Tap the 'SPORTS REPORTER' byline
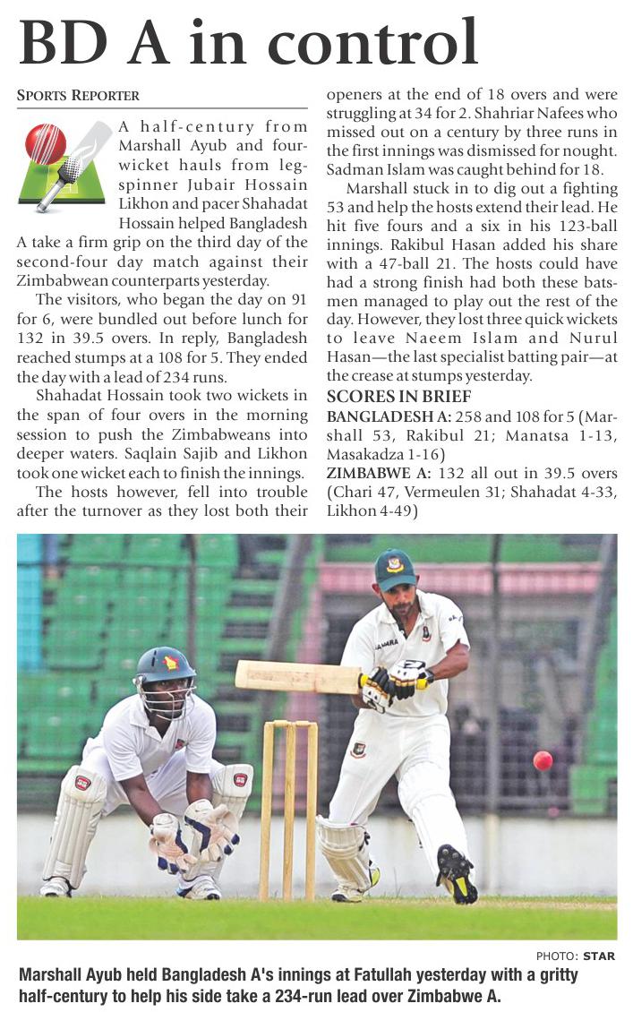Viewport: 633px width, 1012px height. click(x=78, y=96)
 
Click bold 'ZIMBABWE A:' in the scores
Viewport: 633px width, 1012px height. click(x=372, y=472)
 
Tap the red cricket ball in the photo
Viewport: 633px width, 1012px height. click(x=543, y=760)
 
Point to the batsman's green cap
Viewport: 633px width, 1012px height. click(x=395, y=568)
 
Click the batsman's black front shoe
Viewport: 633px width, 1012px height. click(x=456, y=874)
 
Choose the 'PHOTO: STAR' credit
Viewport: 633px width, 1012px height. click(x=576, y=956)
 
